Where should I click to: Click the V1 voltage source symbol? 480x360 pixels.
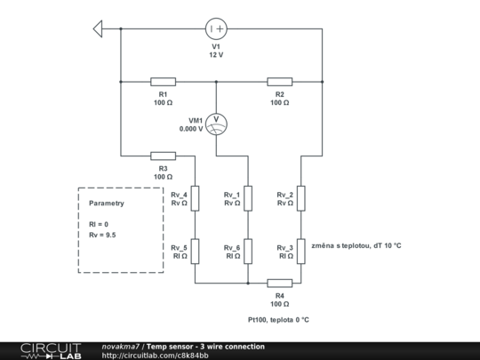click(x=216, y=29)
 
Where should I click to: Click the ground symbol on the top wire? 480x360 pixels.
click(x=99, y=29)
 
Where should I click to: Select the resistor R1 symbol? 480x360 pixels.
click(x=163, y=81)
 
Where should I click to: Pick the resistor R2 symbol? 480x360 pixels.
click(x=279, y=81)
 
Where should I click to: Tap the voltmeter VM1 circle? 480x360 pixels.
click(x=216, y=122)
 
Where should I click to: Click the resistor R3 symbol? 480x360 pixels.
click(x=163, y=155)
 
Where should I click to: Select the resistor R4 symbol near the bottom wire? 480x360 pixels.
click(x=279, y=283)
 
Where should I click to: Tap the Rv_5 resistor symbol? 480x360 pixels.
click(x=196, y=252)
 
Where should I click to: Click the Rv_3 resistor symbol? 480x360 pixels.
click(x=301, y=252)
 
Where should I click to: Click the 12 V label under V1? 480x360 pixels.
click(x=216, y=55)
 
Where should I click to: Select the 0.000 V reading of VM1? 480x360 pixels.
click(x=191, y=128)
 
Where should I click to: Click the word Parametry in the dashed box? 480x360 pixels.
click(x=107, y=203)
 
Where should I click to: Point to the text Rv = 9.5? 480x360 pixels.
click(x=102, y=235)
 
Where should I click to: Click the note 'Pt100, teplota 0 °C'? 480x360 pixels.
click(x=278, y=320)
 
